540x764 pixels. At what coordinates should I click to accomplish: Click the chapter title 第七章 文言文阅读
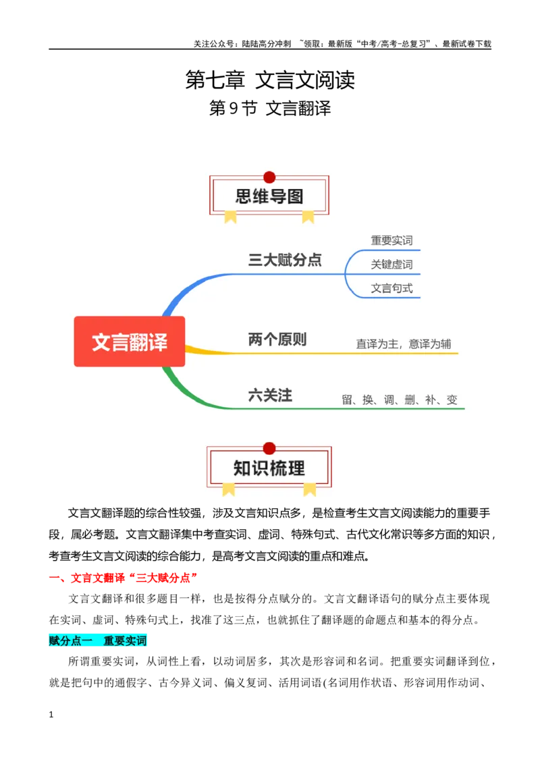tap(270, 80)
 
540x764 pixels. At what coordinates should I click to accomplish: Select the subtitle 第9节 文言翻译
tap(270, 108)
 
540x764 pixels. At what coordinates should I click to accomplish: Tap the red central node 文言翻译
tap(130, 342)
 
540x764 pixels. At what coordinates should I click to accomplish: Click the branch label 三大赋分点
tap(285, 260)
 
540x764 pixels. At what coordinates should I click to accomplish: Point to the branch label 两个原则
tap(277, 339)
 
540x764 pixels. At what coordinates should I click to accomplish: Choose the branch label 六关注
tap(270, 395)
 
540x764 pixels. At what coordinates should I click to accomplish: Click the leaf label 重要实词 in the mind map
tap(392, 240)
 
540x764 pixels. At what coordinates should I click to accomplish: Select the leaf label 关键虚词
tap(392, 264)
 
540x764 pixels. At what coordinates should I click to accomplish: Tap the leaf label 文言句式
tap(392, 288)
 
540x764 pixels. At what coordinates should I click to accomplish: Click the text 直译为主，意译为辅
tap(404, 344)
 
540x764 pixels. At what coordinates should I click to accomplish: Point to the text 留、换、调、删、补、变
tap(400, 400)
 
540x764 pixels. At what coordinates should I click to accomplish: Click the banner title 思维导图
tap(269, 196)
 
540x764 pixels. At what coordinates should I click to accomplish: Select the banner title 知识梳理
tap(269, 468)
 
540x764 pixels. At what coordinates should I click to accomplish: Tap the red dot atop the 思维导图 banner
tap(269, 178)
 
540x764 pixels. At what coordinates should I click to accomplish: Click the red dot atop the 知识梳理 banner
tap(269, 448)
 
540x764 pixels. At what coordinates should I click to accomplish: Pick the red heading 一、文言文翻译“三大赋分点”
tap(124, 578)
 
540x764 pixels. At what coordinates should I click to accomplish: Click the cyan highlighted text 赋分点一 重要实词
tap(97, 640)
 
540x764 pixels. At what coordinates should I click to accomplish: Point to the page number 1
tap(51, 715)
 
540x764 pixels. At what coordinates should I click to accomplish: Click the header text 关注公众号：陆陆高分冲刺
tap(242, 44)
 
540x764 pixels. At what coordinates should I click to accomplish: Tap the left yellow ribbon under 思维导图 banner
tap(231, 217)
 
